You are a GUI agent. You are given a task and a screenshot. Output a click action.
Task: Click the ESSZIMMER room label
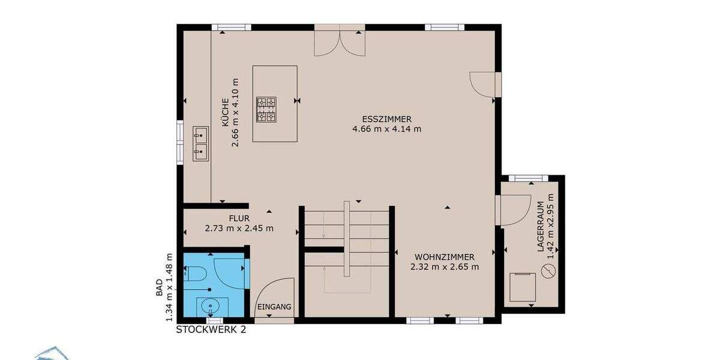[x=387, y=119]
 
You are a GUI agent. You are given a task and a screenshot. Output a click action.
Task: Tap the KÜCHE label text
[x=224, y=111]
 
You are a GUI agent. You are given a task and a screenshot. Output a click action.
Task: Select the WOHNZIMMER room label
[x=445, y=257]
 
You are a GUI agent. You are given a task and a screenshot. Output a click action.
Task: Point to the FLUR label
[x=239, y=218]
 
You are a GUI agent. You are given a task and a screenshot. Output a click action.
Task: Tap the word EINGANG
[x=274, y=307]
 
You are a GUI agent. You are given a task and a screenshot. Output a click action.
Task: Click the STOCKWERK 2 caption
[x=211, y=329]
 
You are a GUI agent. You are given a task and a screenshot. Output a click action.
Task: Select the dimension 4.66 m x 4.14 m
[x=387, y=128]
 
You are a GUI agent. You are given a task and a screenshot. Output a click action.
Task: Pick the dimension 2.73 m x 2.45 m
[x=239, y=228]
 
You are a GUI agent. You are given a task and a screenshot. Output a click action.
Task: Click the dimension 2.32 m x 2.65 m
[x=445, y=267]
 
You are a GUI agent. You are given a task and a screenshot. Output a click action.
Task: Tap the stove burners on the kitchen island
[x=267, y=109]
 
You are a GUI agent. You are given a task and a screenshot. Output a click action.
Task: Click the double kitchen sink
[x=200, y=143]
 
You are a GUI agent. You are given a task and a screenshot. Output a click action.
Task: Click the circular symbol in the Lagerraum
[x=548, y=272]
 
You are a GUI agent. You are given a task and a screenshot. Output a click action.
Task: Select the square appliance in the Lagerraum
[x=523, y=287]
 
